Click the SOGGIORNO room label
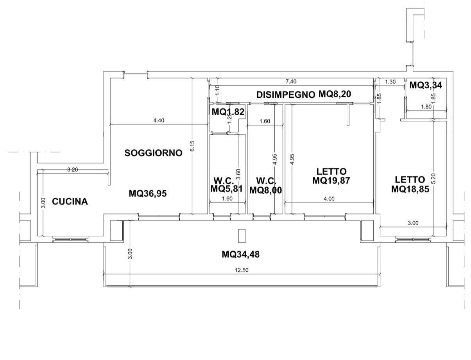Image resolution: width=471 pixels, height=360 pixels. (x=153, y=153)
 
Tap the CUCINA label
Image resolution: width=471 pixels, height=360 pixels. (x=70, y=201)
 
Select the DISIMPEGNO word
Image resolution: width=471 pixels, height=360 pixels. (x=286, y=95)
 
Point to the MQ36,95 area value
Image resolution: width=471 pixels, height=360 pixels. (x=148, y=193)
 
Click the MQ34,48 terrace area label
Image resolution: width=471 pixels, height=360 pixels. (x=240, y=254)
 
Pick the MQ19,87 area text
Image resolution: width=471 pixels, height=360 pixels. (x=331, y=181)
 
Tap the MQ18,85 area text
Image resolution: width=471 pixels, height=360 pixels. (x=410, y=189)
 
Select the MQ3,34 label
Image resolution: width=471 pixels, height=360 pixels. (x=426, y=85)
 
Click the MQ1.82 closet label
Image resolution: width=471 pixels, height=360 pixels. (x=228, y=112)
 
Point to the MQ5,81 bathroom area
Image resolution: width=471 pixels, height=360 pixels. (x=226, y=189)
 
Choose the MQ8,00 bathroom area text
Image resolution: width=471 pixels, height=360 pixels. (x=265, y=190)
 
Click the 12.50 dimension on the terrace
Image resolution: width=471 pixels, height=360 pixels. (x=242, y=270)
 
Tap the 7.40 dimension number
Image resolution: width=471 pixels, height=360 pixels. (x=291, y=82)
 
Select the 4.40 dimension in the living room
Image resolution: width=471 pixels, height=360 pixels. (x=159, y=120)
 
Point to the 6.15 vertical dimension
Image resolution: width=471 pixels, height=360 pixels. (x=192, y=146)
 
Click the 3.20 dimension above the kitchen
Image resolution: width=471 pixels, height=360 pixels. (x=73, y=170)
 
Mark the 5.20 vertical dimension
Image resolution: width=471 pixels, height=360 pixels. (x=433, y=178)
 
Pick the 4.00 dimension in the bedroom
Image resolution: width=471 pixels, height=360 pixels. (x=329, y=199)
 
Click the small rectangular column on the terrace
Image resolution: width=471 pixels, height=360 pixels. (x=242, y=236)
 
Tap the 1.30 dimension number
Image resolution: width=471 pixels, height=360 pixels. (x=390, y=82)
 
